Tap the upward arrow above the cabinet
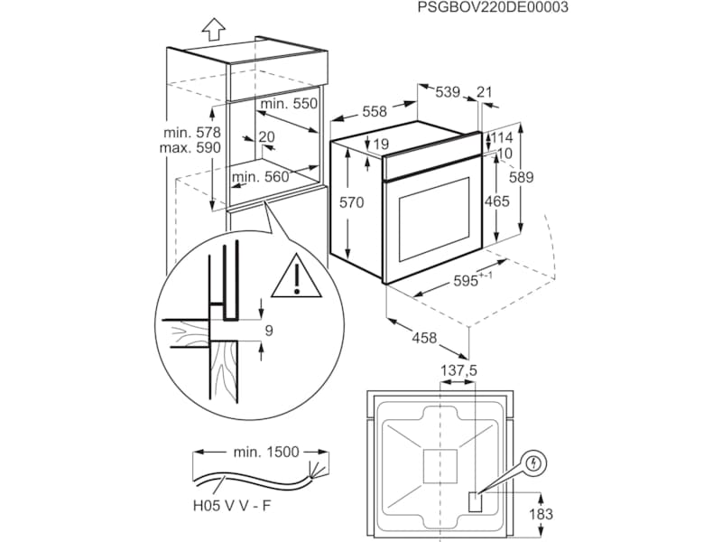pyautogui.click(x=213, y=29)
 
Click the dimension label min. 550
pyautogui.click(x=289, y=104)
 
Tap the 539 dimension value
pyautogui.click(x=448, y=91)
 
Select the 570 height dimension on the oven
pyautogui.click(x=351, y=203)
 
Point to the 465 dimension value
pyautogui.click(x=497, y=201)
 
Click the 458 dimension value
pyautogui.click(x=424, y=338)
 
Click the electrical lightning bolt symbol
pyautogui.click(x=536, y=464)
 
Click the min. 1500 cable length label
pyautogui.click(x=265, y=450)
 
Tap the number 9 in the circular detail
pyautogui.click(x=267, y=331)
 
